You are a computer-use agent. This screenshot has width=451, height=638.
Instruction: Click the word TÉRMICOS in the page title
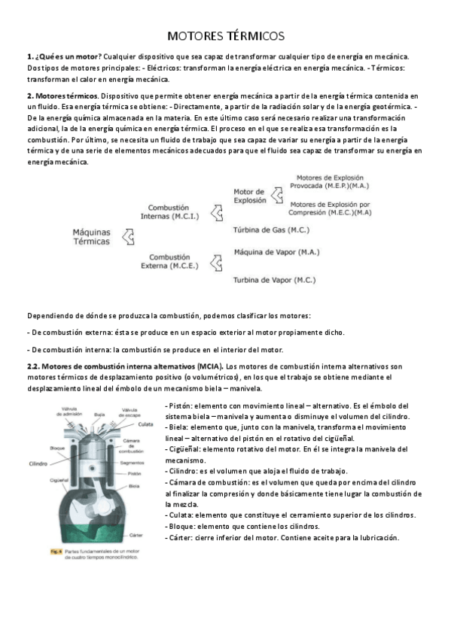[253, 35]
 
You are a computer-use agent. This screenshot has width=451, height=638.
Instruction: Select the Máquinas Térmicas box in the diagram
[91, 237]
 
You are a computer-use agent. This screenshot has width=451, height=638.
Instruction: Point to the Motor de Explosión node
[249, 196]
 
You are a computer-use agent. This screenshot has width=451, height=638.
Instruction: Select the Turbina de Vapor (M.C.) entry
[273, 280]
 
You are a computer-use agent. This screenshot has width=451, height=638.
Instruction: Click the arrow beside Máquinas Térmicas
[128, 237]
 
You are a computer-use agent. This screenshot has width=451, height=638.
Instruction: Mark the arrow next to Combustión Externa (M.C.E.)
[217, 261]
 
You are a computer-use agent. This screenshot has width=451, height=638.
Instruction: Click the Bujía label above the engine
[99, 414]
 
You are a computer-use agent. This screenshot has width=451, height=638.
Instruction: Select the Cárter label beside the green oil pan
[136, 535]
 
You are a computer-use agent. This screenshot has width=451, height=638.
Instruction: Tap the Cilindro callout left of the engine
[40, 463]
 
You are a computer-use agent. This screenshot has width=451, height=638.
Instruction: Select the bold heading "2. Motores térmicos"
[62, 97]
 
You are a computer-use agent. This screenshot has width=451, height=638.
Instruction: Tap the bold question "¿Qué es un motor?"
[66, 57]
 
